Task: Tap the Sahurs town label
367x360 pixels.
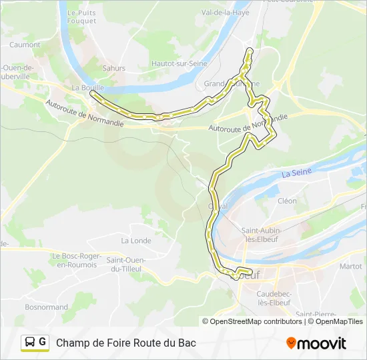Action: tap(114, 68)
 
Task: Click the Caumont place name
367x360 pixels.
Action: tap(25, 45)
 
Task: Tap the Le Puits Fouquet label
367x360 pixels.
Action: tap(83, 16)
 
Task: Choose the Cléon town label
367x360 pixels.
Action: tap(287, 201)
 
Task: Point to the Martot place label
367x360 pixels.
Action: tap(350, 266)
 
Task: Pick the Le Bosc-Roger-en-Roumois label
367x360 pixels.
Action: tap(77, 260)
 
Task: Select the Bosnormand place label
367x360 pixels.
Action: tap(46, 307)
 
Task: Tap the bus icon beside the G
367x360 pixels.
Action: tap(30, 343)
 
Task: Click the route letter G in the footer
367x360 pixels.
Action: tap(43, 342)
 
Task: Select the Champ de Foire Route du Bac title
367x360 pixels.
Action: tap(126, 343)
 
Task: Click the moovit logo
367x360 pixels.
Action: tap(316, 343)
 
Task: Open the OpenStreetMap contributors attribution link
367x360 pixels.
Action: tap(256, 321)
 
